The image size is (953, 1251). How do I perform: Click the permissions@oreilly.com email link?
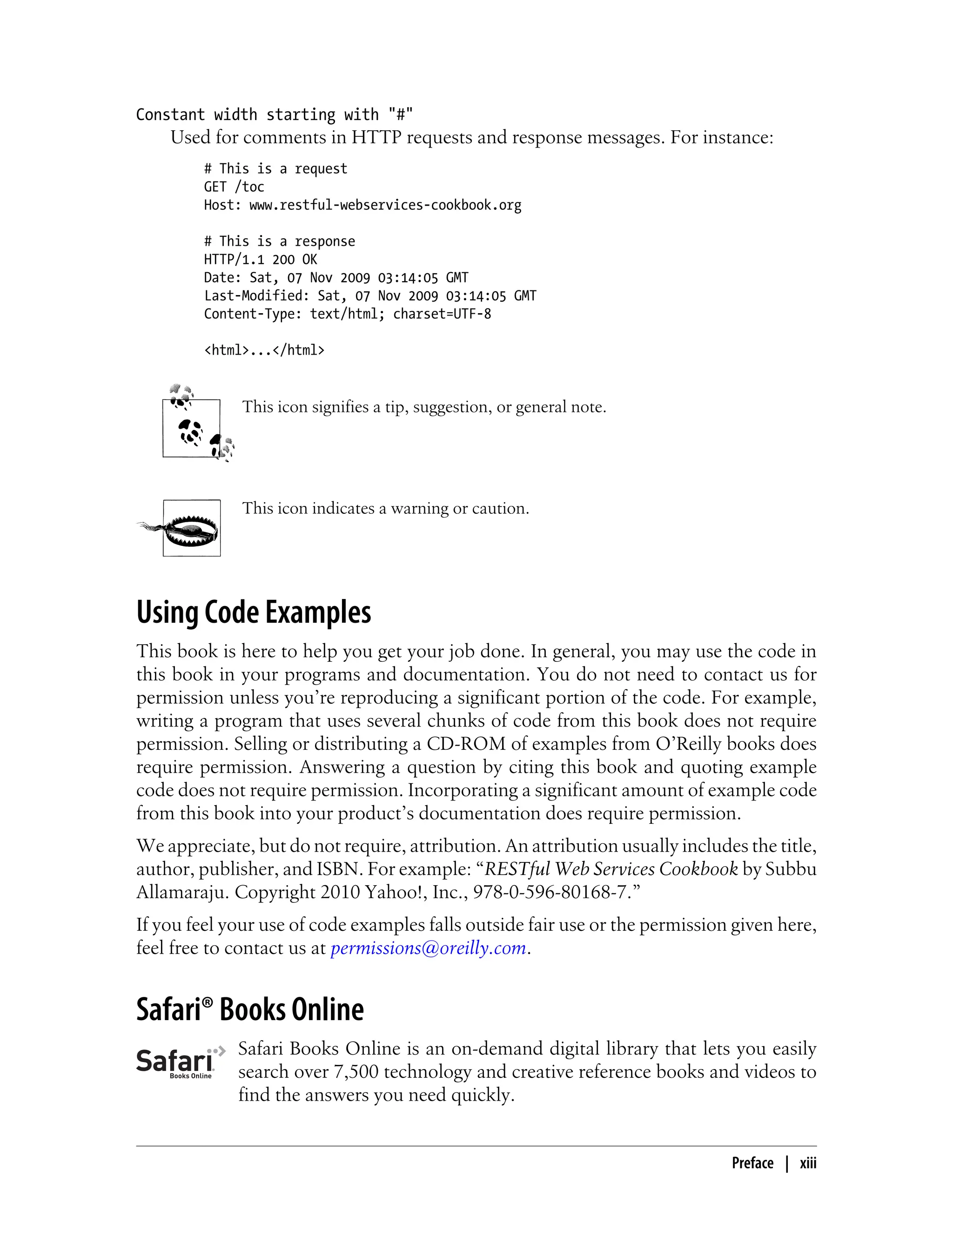428,948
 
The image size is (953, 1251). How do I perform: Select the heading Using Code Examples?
254,613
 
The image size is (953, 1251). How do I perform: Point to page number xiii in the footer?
808,1163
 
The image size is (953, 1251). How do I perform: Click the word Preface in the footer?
752,1163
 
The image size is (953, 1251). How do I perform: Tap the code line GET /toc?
234,187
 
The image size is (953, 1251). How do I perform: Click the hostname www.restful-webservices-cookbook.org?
385,205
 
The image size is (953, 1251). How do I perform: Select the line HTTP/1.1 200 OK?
261,260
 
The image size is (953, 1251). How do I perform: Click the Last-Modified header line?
370,296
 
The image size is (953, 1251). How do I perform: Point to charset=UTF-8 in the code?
442,314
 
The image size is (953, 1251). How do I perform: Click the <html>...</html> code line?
264,350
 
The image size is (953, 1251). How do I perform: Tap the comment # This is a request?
275,169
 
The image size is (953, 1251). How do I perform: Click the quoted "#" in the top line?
401,115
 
